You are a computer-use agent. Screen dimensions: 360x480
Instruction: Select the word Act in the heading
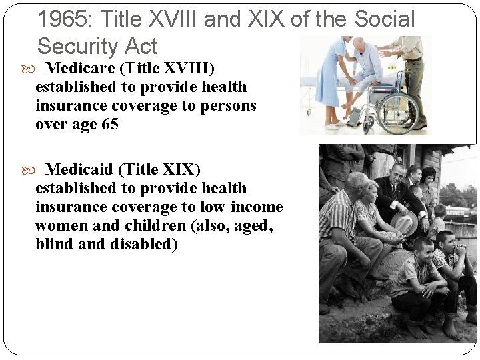click(141, 47)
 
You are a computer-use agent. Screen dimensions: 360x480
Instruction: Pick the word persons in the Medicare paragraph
click(231, 105)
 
